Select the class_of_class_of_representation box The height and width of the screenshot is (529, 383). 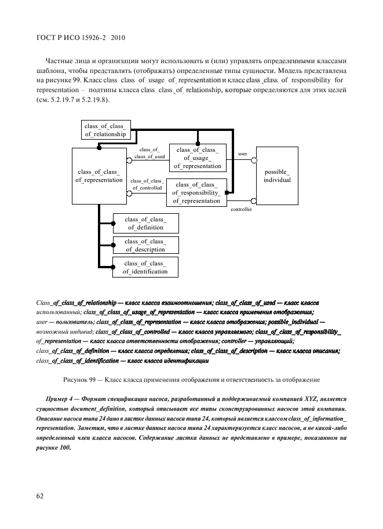click(x=99, y=176)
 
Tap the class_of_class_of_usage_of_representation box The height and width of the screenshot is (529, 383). click(x=198, y=158)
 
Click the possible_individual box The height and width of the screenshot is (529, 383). click(x=278, y=176)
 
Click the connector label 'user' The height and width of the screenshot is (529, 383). click(x=243, y=154)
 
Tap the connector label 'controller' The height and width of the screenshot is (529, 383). click(x=241, y=209)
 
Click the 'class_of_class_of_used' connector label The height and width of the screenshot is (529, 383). click(x=150, y=153)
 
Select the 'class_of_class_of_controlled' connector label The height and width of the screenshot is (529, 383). click(x=147, y=184)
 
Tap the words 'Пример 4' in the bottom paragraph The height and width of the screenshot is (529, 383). click(x=60, y=400)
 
